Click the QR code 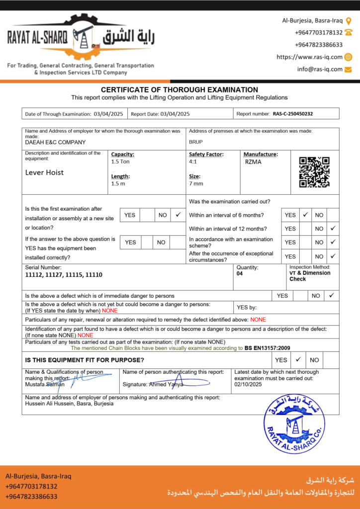point(314,172)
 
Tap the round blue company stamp point(294,424)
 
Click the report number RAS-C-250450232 point(293,114)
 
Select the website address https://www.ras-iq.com point(309,57)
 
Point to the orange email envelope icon point(348,69)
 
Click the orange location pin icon point(349,21)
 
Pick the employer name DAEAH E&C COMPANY point(55,142)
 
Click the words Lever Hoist point(44,172)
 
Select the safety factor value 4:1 point(193,162)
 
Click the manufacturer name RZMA point(253,162)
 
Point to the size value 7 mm point(196,183)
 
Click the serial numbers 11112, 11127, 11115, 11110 point(64,274)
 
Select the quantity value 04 point(240,273)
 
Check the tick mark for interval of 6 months point(306,215)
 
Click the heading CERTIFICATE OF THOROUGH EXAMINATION point(180,89)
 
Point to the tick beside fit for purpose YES point(298,359)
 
